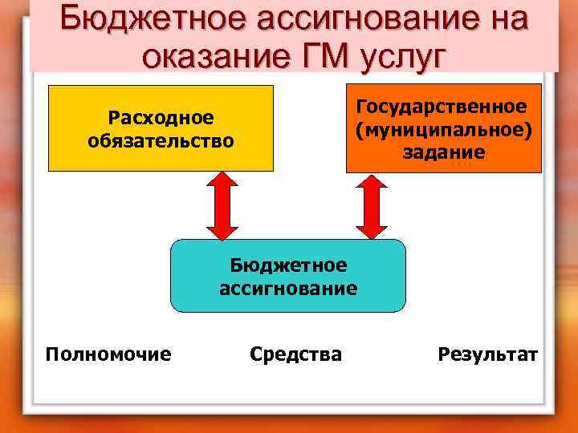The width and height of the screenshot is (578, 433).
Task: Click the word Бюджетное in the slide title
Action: pos(149,18)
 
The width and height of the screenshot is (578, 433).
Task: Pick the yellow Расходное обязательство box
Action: pos(161,128)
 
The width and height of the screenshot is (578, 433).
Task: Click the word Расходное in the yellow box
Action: pos(161,118)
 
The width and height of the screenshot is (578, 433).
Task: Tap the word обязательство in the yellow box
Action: pos(161,141)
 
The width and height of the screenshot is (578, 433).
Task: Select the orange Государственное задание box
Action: pos(444,128)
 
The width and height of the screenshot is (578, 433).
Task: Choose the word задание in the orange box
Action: pos(444,152)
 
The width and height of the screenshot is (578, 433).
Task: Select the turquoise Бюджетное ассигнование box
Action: pos(288,276)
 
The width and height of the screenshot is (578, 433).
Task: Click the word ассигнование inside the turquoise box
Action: pos(288,288)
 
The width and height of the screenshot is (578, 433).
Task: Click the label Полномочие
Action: pos(108,354)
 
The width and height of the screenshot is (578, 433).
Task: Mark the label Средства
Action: pos(295,354)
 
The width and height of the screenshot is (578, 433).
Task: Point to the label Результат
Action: pos(488,354)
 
